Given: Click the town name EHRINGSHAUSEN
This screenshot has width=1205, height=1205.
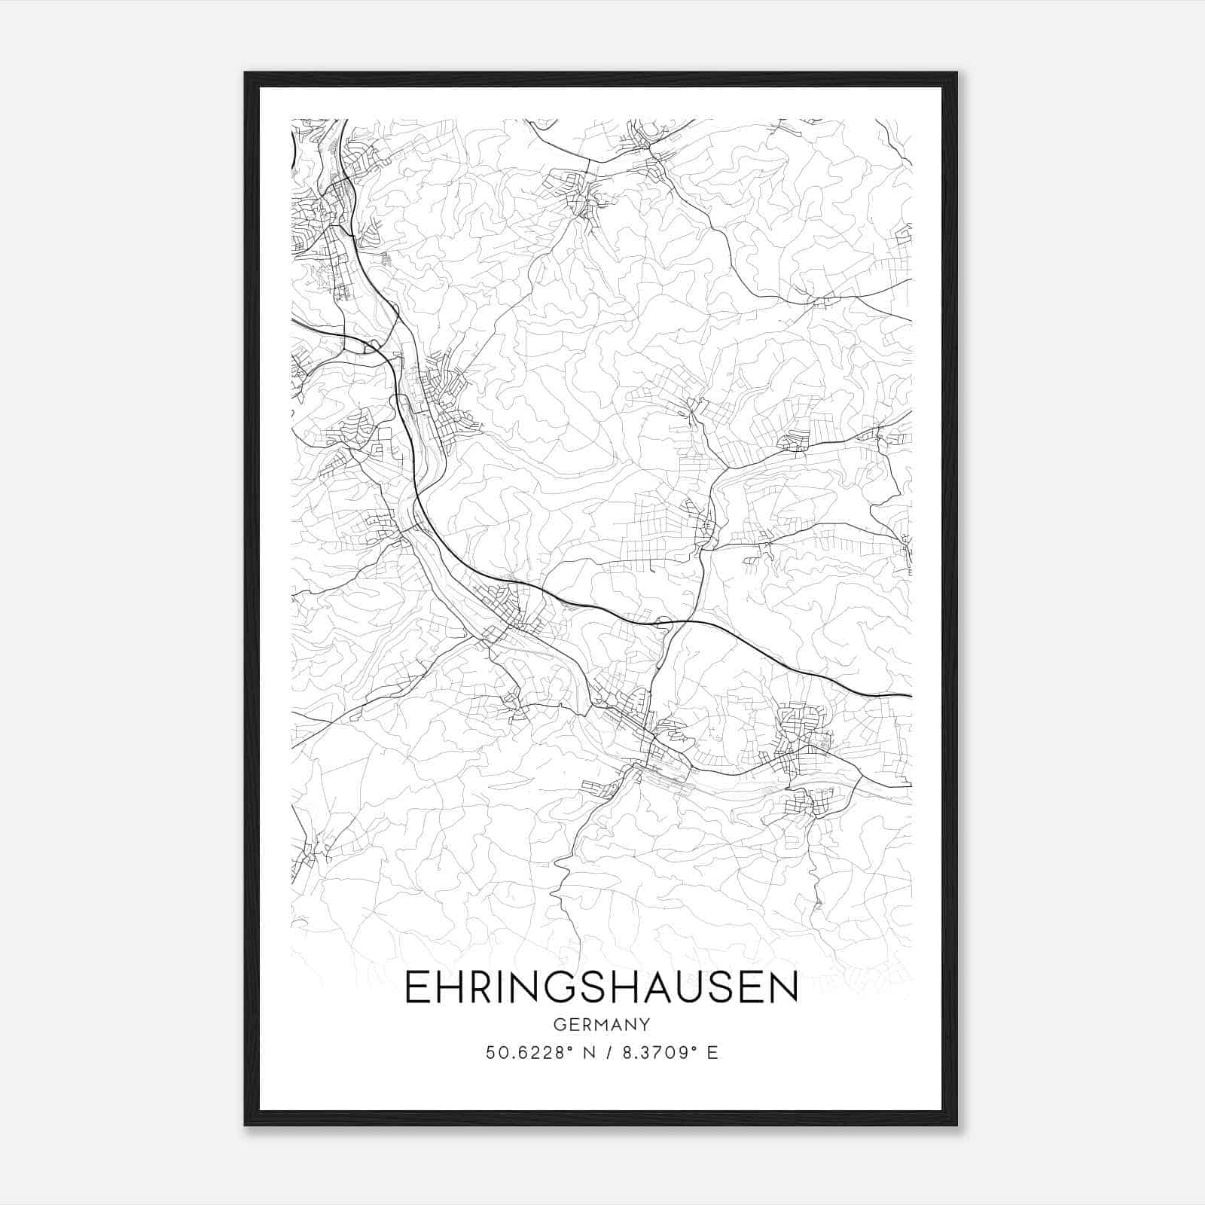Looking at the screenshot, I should click(x=601, y=988).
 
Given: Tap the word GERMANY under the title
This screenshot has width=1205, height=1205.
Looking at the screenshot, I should click(x=601, y=1025).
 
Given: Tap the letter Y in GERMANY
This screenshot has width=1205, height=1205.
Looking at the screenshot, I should click(x=645, y=1025).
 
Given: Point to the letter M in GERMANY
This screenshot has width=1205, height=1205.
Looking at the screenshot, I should click(x=600, y=1025).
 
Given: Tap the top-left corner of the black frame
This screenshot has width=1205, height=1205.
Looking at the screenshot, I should click(x=246, y=74).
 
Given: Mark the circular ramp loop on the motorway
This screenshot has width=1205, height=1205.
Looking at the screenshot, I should click(x=664, y=622).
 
